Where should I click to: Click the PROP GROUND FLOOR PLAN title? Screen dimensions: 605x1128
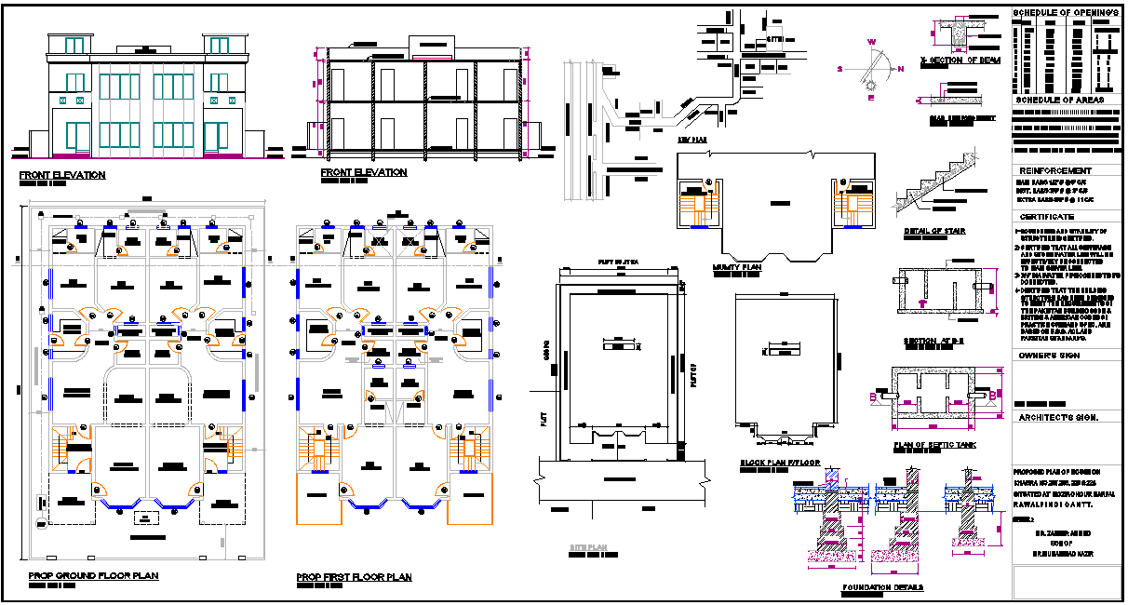click(93, 576)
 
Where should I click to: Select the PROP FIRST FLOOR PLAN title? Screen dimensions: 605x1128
click(354, 577)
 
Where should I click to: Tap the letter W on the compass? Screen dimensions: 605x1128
click(872, 42)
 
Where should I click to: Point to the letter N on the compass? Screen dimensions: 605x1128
click(900, 69)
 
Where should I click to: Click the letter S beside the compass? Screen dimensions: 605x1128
click(839, 69)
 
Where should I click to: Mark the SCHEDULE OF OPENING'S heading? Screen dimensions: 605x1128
click(1065, 12)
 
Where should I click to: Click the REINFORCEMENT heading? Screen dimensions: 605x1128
click(1054, 171)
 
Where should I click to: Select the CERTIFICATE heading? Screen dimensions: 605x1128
click(1046, 216)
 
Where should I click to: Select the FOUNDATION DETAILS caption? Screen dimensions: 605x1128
click(882, 587)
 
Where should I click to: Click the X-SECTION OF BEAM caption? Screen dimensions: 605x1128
click(960, 60)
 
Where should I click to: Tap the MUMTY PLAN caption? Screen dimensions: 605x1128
click(738, 267)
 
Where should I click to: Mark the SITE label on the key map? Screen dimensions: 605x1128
click(775, 39)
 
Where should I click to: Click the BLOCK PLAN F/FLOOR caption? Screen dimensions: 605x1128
click(778, 463)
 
